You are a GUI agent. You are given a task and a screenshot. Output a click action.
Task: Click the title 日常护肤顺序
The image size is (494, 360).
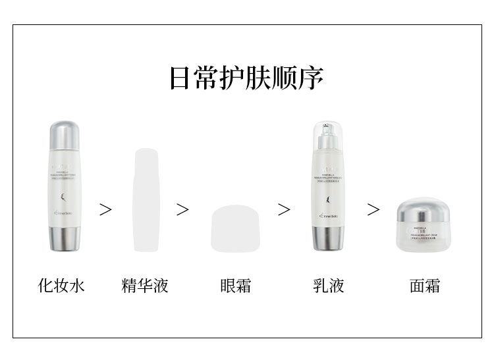pyautogui.click(x=246, y=78)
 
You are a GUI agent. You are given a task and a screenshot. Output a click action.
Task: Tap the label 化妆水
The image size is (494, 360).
pyautogui.click(x=62, y=286)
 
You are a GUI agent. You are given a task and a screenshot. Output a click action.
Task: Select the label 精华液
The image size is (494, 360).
pyautogui.click(x=146, y=286)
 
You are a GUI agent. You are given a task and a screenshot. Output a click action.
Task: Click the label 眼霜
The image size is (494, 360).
pyautogui.click(x=236, y=286)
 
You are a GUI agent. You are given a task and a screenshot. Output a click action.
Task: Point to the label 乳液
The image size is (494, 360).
pyautogui.click(x=329, y=286)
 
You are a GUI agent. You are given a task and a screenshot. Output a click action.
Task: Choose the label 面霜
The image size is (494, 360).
pyautogui.click(x=424, y=286)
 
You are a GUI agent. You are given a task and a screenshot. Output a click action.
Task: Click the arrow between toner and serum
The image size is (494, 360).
pyautogui.click(x=105, y=209)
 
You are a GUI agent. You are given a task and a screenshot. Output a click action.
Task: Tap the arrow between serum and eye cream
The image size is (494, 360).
pyautogui.click(x=182, y=209)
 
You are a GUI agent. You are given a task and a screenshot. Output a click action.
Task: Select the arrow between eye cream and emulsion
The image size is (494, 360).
pyautogui.click(x=284, y=209)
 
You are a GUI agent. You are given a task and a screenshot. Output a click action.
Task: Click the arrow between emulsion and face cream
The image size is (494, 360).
pyautogui.click(x=373, y=209)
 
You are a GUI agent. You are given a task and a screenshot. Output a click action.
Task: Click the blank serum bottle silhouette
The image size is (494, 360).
pyautogui.click(x=146, y=199)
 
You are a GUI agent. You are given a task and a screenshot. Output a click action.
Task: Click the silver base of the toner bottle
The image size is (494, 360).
pyautogui.click(x=65, y=238)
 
